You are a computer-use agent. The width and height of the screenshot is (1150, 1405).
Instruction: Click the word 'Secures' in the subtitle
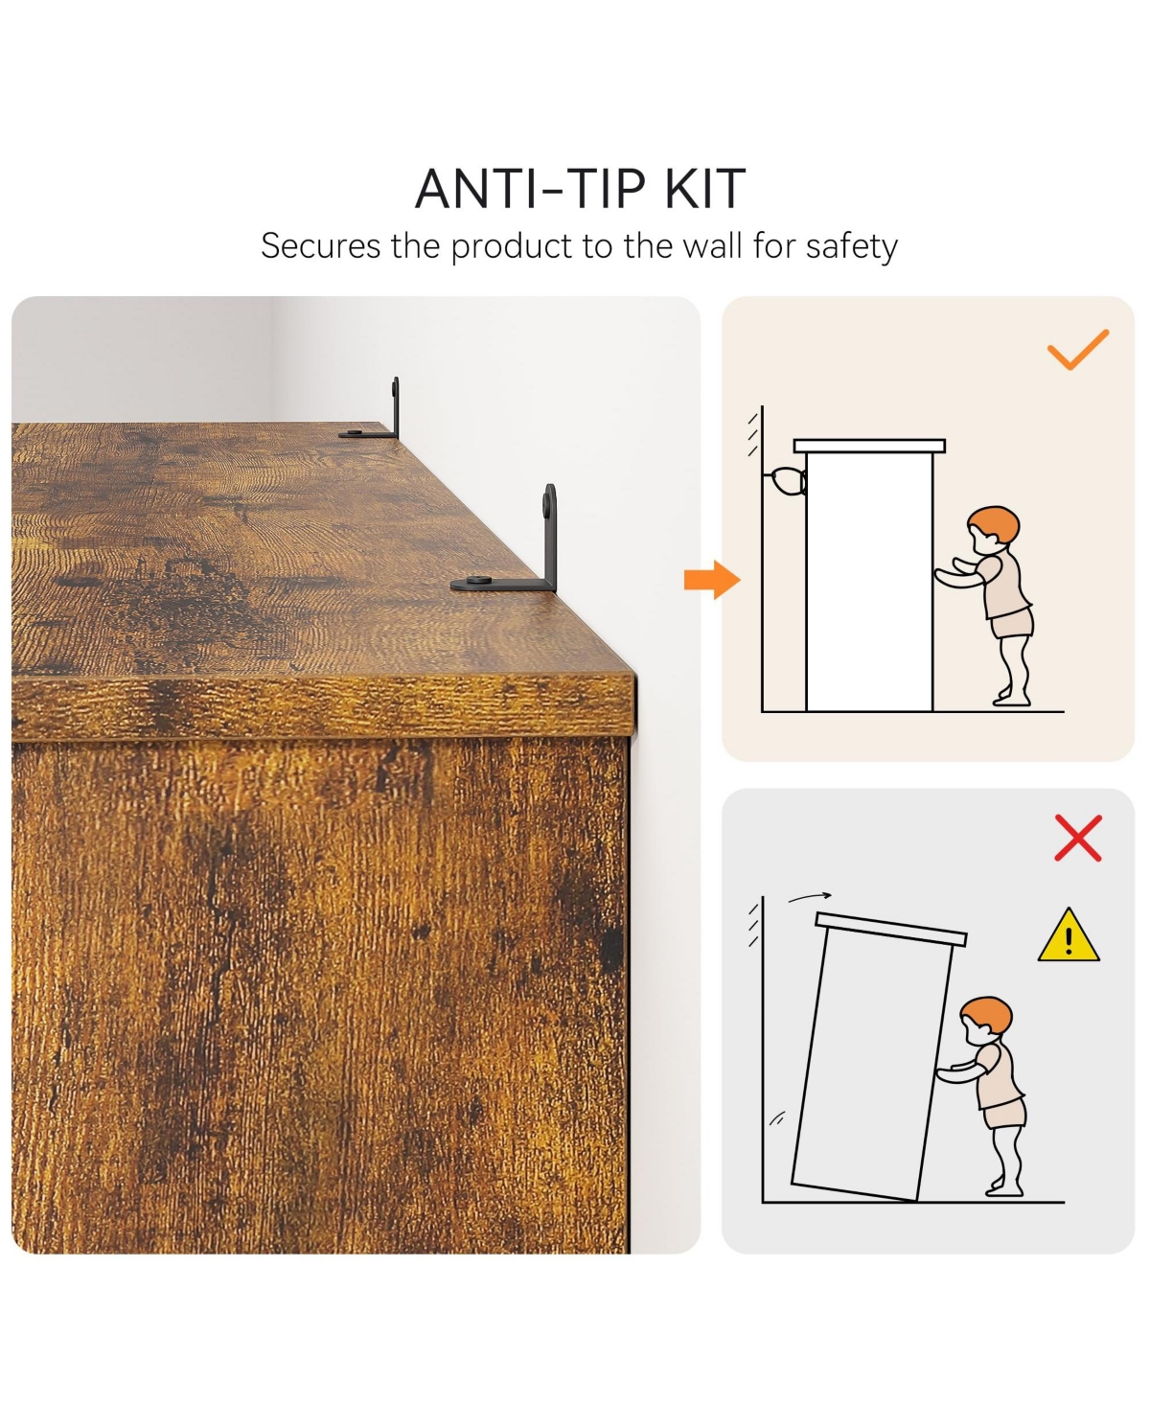pyautogui.click(x=321, y=245)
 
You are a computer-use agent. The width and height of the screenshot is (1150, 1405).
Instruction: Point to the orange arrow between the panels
pyautogui.click(x=712, y=580)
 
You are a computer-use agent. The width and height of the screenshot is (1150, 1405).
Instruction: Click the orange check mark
pyautogui.click(x=1077, y=351)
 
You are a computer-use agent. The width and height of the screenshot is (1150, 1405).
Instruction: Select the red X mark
pyautogui.click(x=1077, y=838)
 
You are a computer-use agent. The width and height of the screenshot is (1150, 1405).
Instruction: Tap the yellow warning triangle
pyautogui.click(x=1068, y=936)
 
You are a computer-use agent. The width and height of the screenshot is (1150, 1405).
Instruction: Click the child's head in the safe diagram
pyautogui.click(x=994, y=530)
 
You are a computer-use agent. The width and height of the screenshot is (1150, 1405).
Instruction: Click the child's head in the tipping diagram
pyautogui.click(x=985, y=1021)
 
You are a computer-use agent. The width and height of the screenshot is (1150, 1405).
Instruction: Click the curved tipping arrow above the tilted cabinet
pyautogui.click(x=810, y=897)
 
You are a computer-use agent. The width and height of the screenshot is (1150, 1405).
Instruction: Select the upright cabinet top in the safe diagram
pyautogui.click(x=869, y=446)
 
